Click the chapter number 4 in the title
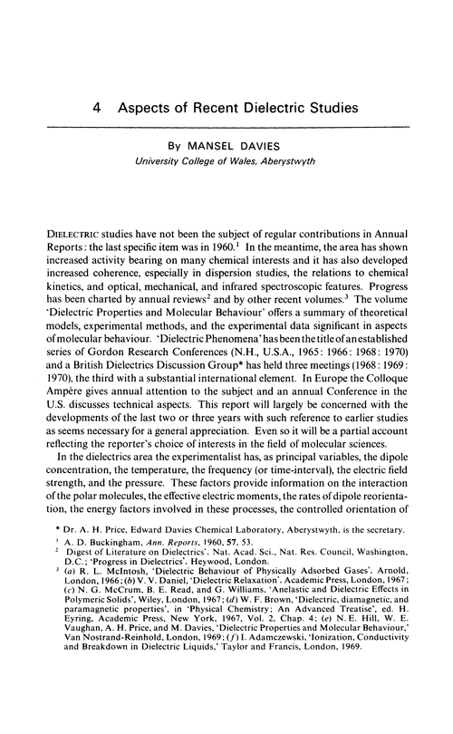point(97,106)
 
